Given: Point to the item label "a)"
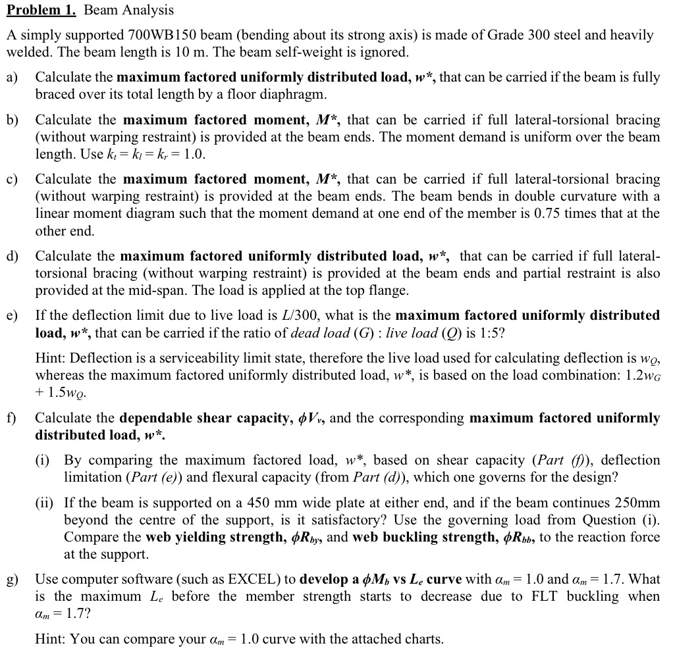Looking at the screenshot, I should point(13,78).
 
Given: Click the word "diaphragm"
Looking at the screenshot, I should point(292,94).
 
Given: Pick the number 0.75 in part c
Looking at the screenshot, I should point(562,213).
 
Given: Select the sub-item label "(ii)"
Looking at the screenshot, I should point(46,503).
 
